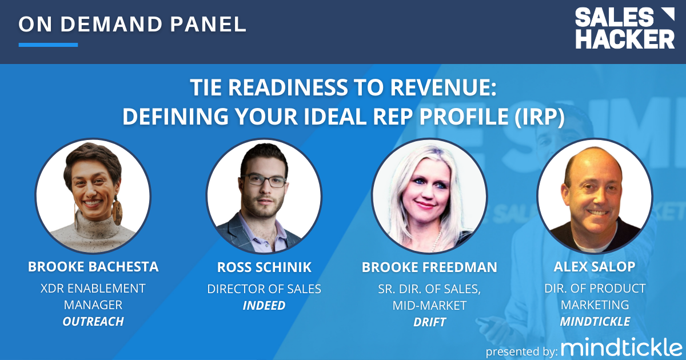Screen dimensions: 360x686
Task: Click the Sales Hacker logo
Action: pyautogui.click(x=624, y=28)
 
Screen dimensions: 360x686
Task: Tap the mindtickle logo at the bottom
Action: pyautogui.click(x=621, y=348)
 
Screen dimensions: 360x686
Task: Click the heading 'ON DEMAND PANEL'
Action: pyautogui.click(x=133, y=24)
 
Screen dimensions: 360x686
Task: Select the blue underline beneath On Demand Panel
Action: pyautogui.click(x=48, y=45)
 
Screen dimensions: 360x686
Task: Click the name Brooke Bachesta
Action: pyautogui.click(x=93, y=267)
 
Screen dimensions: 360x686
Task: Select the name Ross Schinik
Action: pyautogui.click(x=264, y=267)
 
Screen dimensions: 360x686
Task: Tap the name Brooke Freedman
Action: pyautogui.click(x=429, y=267)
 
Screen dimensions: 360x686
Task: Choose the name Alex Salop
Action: pyautogui.click(x=595, y=267)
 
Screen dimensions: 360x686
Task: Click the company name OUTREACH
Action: pyautogui.click(x=93, y=322)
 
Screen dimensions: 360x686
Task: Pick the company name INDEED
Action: pyautogui.click(x=264, y=306)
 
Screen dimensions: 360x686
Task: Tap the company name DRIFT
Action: pyautogui.click(x=429, y=322)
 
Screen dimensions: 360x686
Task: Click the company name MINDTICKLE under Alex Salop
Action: pyautogui.click(x=595, y=322)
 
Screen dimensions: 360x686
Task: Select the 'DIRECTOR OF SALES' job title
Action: pyautogui.click(x=264, y=289)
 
